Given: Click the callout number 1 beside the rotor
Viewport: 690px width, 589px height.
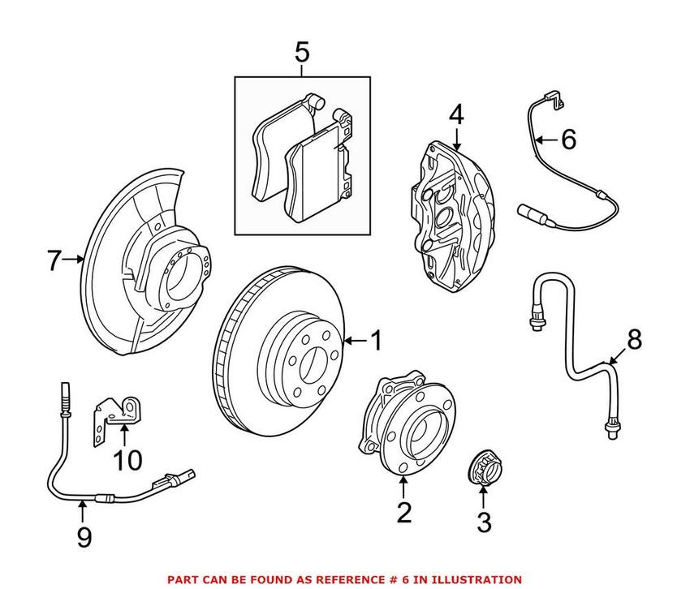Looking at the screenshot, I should coord(375,342).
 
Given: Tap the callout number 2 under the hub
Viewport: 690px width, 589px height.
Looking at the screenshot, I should coord(403,513).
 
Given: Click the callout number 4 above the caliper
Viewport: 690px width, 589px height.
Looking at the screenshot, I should coord(456,115).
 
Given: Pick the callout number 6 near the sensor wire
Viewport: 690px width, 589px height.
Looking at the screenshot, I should coord(567,140).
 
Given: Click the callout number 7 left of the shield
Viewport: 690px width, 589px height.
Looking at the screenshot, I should coord(54,260).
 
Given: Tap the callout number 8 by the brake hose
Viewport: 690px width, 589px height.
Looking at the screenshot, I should coord(633,340).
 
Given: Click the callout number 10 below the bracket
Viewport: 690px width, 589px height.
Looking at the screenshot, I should coord(127,461).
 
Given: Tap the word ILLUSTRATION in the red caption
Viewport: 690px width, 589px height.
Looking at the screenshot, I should coord(477,579).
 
